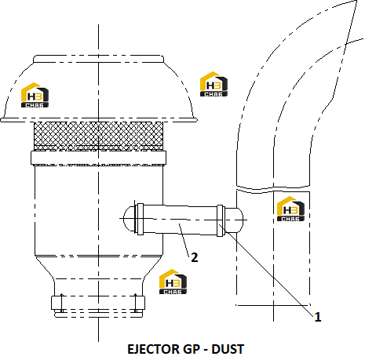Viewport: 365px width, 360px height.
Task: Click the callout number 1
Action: [x=317, y=317]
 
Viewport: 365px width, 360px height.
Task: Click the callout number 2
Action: [x=195, y=257]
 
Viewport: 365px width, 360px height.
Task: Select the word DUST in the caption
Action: [x=228, y=349]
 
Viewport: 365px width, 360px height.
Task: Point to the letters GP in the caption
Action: [x=191, y=349]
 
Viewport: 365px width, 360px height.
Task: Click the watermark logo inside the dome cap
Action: [x=35, y=95]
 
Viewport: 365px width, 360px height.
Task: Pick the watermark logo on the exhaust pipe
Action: [x=290, y=209]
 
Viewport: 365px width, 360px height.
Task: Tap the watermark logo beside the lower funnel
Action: [x=173, y=282]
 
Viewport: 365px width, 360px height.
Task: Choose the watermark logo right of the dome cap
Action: [x=214, y=84]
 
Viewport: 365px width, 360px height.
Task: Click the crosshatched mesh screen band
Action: [x=99, y=136]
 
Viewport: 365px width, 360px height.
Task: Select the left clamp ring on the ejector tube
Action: [x=141, y=219]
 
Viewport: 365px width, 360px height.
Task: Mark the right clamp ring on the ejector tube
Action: [x=220, y=221]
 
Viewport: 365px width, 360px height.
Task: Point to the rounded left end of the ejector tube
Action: [x=130, y=219]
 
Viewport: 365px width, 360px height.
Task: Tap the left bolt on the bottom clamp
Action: [x=61, y=303]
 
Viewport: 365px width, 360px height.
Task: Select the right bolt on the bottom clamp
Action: [x=136, y=303]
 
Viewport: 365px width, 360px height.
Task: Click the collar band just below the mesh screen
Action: [x=98, y=158]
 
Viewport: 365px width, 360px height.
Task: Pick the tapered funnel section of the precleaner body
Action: [x=98, y=267]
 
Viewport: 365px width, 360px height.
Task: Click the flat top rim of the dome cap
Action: [x=99, y=59]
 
